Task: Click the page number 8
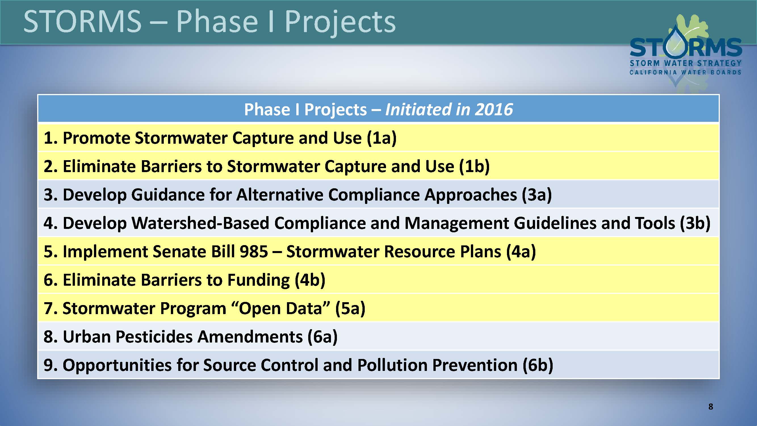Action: point(710,407)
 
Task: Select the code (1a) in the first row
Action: point(382,138)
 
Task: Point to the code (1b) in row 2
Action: point(474,166)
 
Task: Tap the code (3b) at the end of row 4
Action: point(695,223)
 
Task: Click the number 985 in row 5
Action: point(253,252)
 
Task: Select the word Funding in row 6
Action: point(259,280)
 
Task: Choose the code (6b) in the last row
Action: point(538,365)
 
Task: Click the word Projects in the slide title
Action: point(340,22)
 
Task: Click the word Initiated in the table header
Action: point(418,109)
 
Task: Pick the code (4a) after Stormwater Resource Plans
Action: point(521,252)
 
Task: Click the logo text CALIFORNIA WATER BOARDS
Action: point(685,72)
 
